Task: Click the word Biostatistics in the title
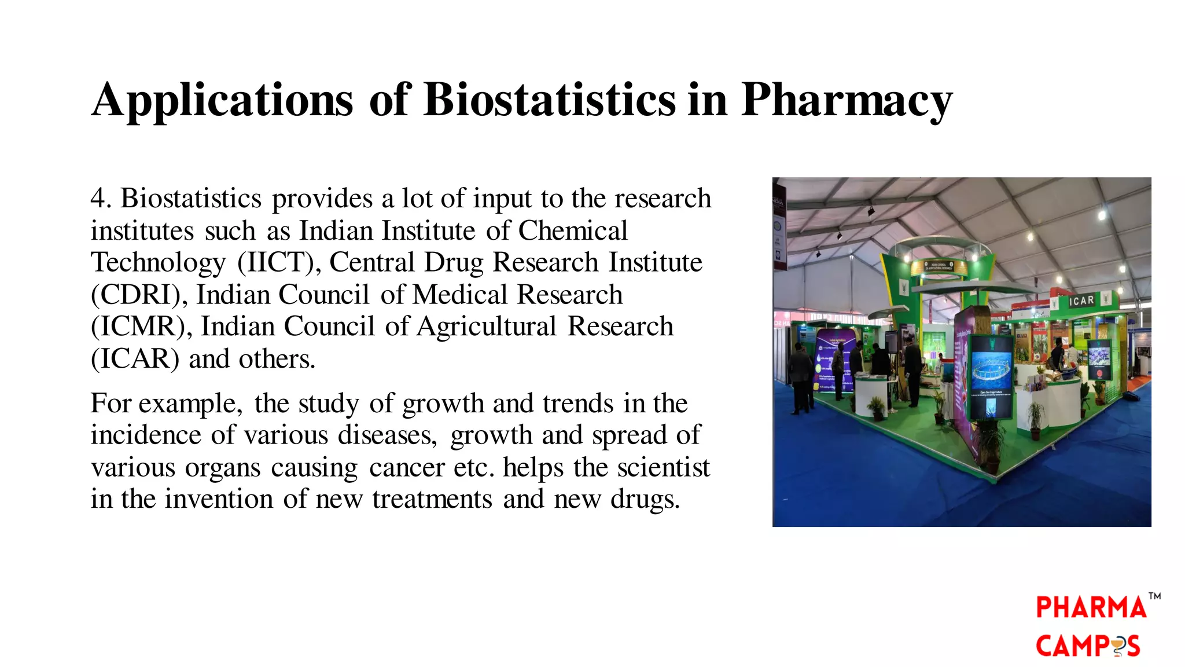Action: point(549,100)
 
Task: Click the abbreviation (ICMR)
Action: point(141,327)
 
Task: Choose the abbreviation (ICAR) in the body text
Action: point(135,359)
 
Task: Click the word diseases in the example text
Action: point(387,435)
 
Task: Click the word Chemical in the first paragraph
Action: point(572,231)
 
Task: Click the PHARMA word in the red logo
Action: point(1091,607)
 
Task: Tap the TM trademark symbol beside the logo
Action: point(1154,596)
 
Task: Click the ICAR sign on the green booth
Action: point(1081,300)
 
